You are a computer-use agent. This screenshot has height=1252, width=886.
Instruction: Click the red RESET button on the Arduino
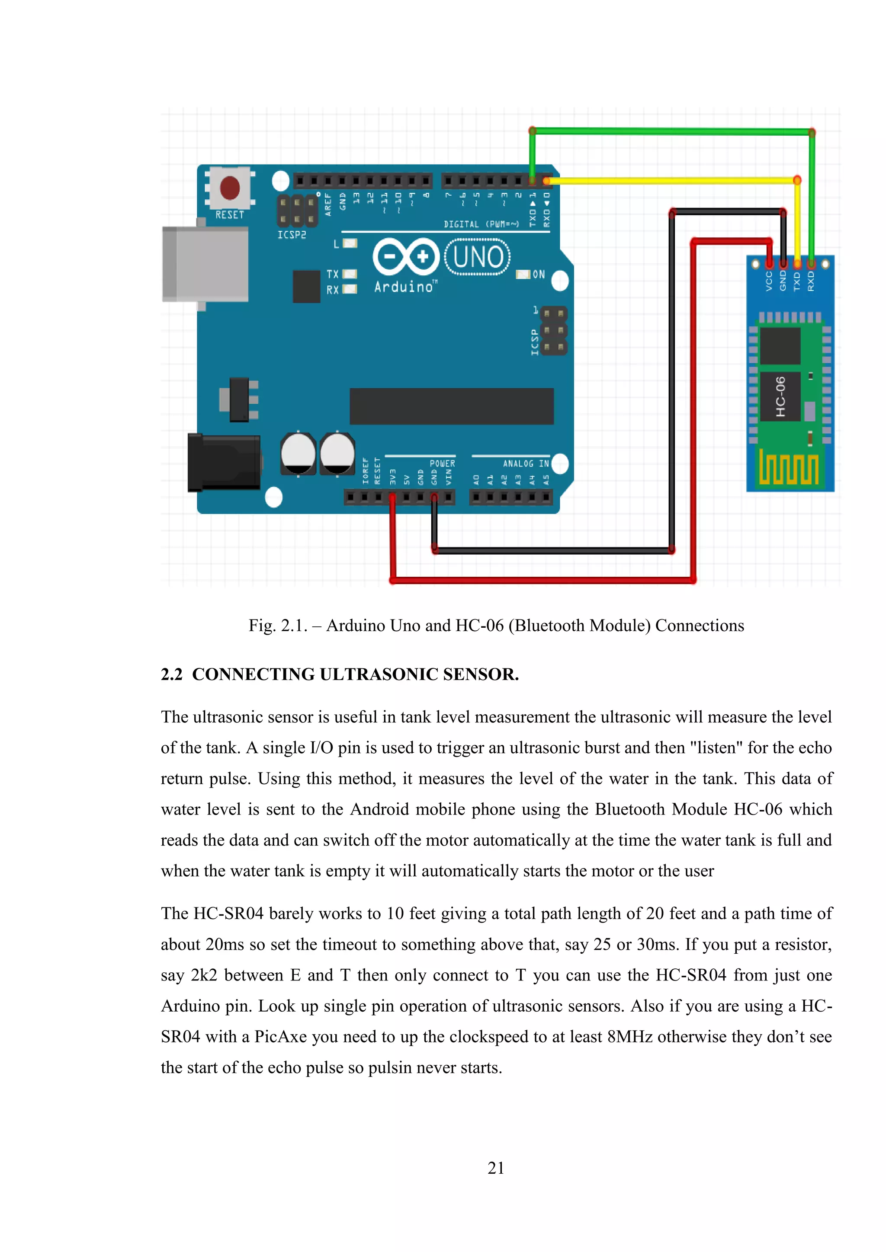point(230,188)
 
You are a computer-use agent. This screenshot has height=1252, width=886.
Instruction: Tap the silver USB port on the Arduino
point(205,264)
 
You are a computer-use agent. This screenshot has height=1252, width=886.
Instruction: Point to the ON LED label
point(539,274)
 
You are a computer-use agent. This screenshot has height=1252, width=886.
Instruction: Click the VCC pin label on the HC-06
point(769,281)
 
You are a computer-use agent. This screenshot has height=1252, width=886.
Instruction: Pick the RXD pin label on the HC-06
point(811,281)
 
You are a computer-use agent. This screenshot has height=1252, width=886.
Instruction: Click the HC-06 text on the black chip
point(780,396)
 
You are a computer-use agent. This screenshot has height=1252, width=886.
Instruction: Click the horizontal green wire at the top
point(671,131)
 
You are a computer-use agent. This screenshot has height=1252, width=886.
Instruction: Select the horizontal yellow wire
point(671,180)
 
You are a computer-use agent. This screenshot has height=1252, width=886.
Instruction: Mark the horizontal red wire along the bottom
point(540,580)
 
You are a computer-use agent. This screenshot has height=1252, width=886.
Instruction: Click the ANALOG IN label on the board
point(525,463)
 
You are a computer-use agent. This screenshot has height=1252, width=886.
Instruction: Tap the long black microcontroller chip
point(451,406)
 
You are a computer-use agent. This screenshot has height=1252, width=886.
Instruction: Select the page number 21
point(495,1168)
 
